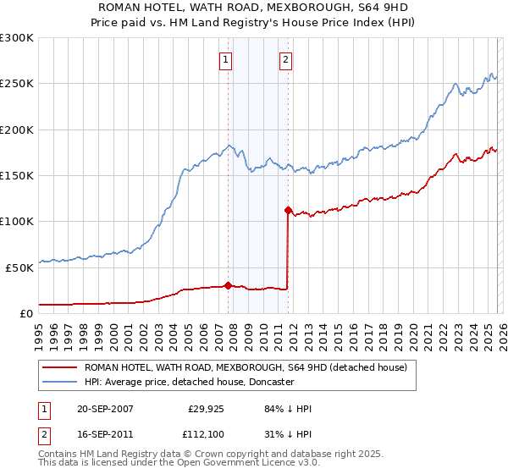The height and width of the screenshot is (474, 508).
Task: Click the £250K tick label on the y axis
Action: (x=17, y=84)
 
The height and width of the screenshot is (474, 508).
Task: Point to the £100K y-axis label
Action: (x=17, y=221)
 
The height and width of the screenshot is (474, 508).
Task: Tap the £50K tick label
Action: (x=19, y=267)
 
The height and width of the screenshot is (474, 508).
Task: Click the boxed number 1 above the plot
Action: (x=227, y=59)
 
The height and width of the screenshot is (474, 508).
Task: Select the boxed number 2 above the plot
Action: (x=286, y=59)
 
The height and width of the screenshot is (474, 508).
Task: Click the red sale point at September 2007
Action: (x=228, y=285)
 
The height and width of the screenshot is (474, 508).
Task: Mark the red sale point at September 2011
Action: (x=288, y=210)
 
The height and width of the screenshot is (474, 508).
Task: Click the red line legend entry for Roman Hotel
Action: (x=246, y=367)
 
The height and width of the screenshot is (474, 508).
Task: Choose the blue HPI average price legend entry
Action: (x=188, y=382)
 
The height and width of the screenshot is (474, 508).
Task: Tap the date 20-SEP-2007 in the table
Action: (x=105, y=409)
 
